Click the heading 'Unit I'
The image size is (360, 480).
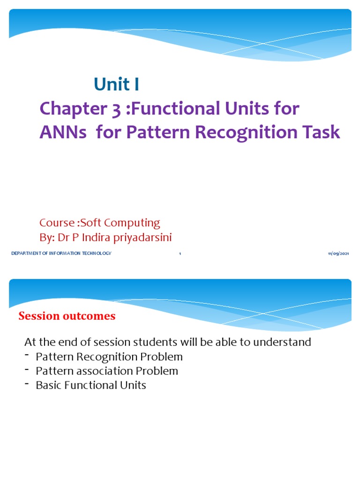pos(116,84)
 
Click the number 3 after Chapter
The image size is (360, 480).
pos(114,109)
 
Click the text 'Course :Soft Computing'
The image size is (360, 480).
pos(100,223)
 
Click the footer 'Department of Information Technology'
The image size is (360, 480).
pos(61,254)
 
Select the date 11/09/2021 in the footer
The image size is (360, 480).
pos(338,254)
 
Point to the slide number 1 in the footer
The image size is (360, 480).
pos(180,254)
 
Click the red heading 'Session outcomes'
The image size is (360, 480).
pos(67,316)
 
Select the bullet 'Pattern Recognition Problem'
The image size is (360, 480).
pos(109,357)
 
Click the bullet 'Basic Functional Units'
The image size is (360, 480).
pos(91,385)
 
